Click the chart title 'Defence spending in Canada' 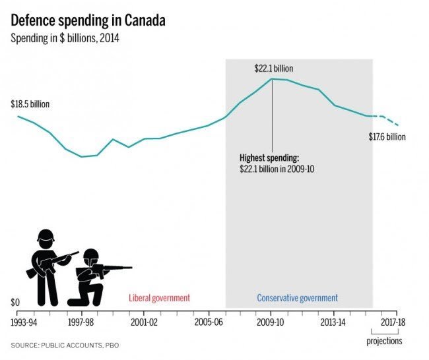[x=88, y=20]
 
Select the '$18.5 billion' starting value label [x=30, y=104]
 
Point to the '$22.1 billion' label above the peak [x=273, y=69]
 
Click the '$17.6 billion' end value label [x=387, y=137]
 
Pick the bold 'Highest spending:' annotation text [x=269, y=158]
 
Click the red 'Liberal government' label [x=159, y=298]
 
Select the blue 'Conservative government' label [x=297, y=298]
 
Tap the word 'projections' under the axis [x=384, y=341]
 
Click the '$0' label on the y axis [x=15, y=303]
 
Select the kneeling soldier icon [x=92, y=280]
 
